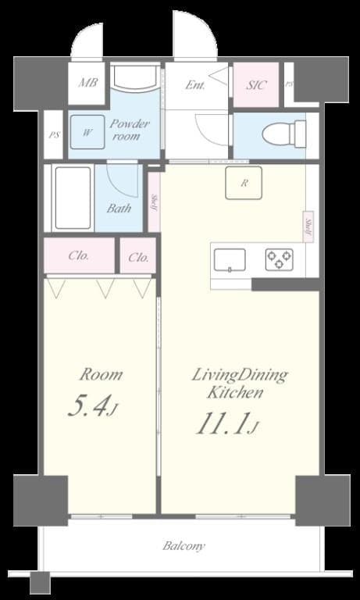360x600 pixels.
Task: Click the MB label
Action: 87,81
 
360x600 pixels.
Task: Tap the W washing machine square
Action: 87,133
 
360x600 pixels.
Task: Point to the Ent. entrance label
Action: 195,84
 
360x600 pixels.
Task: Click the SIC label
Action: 256,84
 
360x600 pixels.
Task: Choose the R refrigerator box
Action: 244,184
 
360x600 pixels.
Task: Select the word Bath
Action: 119,209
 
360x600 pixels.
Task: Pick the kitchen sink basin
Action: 230,259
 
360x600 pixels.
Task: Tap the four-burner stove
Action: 279,259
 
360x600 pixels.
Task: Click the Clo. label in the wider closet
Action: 79,255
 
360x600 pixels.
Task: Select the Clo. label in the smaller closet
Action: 138,255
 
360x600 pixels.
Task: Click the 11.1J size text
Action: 226,424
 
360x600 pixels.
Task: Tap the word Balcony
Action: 184,546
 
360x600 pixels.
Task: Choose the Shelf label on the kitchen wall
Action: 309,227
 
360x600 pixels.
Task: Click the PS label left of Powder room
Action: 53,134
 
